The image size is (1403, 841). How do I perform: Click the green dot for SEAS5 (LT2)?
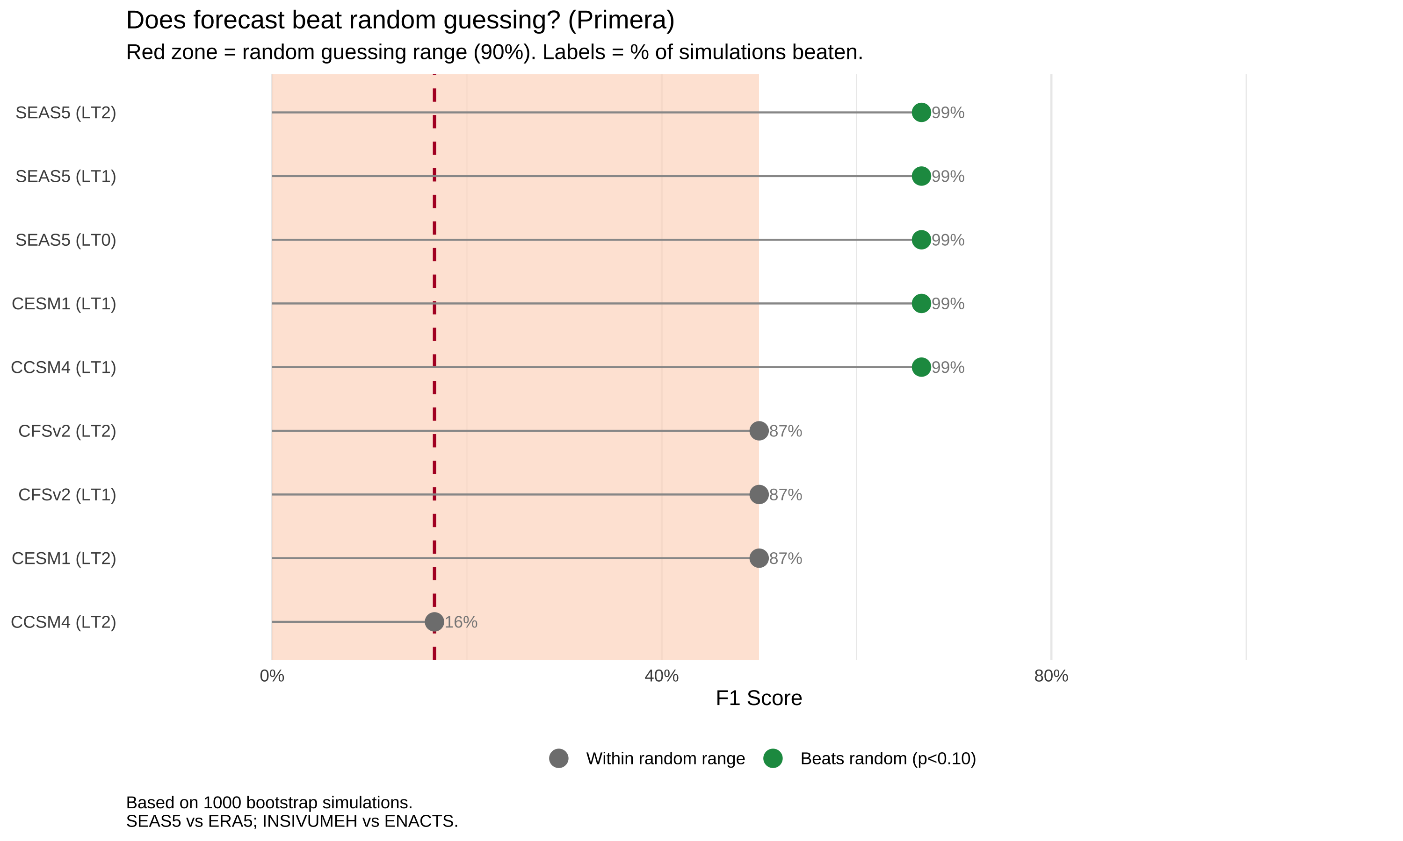click(921, 112)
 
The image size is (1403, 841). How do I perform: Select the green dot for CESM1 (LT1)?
click(921, 303)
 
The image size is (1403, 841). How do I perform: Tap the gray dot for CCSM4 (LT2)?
click(434, 622)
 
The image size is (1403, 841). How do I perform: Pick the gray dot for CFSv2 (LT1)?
click(759, 494)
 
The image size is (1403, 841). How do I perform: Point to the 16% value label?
click(461, 622)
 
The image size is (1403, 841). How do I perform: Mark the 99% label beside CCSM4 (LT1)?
click(947, 368)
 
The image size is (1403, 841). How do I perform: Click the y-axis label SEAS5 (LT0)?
click(66, 240)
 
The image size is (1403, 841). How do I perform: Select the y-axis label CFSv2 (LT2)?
click(67, 431)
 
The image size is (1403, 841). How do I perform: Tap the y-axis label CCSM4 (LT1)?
click(64, 368)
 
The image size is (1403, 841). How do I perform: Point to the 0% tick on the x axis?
click(272, 676)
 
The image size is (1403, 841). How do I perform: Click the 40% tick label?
click(661, 676)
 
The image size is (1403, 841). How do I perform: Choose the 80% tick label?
click(1051, 676)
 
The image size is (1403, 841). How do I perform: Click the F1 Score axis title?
click(759, 698)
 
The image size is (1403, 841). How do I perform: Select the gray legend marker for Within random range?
click(558, 758)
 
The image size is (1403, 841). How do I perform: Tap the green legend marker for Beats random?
click(773, 758)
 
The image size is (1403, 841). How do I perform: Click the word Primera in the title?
click(621, 21)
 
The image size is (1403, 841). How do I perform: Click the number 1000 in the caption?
click(222, 803)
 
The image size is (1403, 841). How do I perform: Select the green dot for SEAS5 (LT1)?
click(921, 176)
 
